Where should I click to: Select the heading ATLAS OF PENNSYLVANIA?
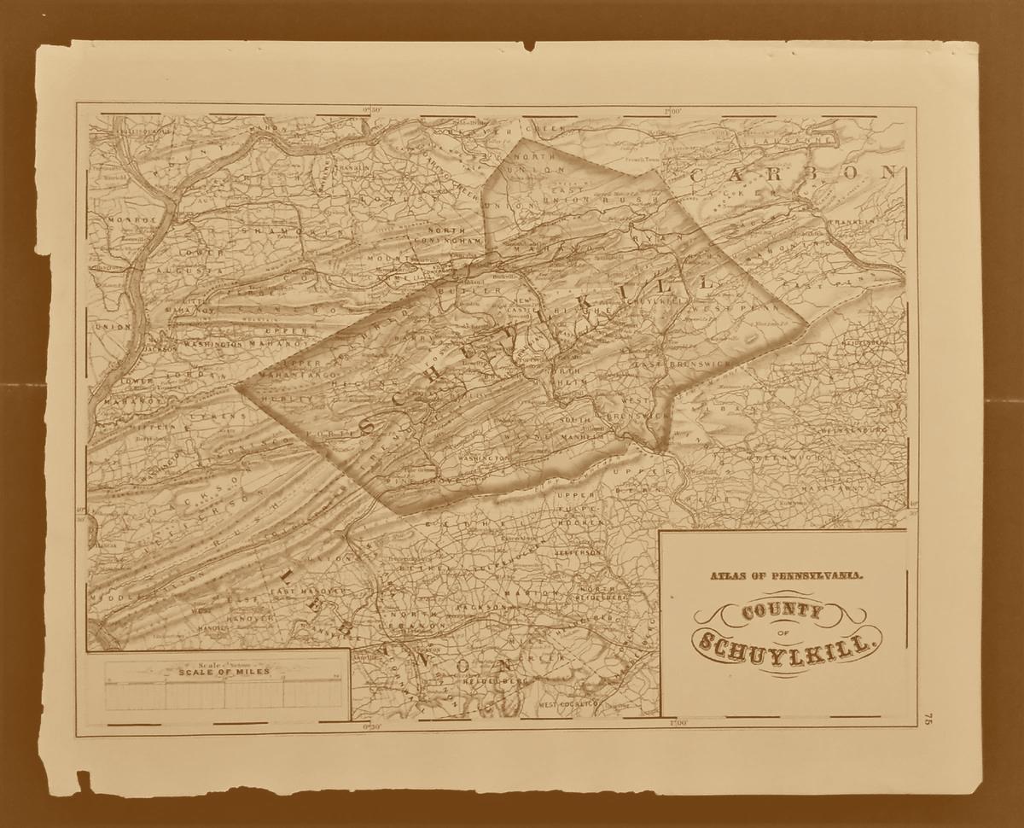(x=786, y=576)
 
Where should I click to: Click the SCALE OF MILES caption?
(x=224, y=672)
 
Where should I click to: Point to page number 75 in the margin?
(x=928, y=720)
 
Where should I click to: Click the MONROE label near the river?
(x=133, y=219)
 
